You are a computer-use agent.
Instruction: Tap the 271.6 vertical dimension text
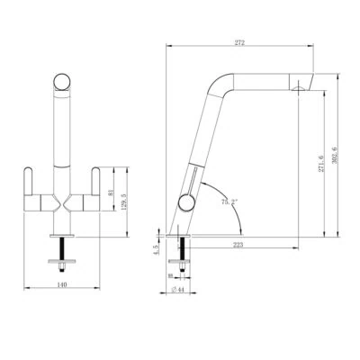click(x=319, y=164)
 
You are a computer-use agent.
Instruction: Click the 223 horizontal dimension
click(x=238, y=242)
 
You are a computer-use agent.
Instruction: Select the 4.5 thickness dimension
click(x=155, y=249)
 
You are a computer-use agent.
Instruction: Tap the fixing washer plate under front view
click(x=61, y=265)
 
